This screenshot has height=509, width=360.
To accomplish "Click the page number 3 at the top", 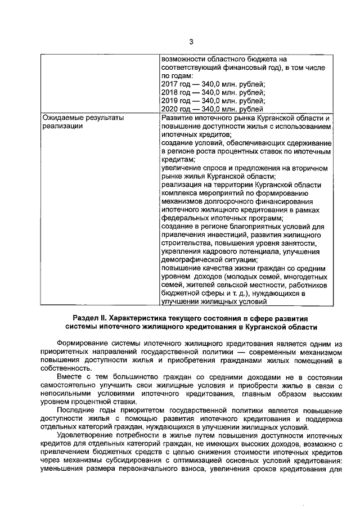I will coord(191,42).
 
